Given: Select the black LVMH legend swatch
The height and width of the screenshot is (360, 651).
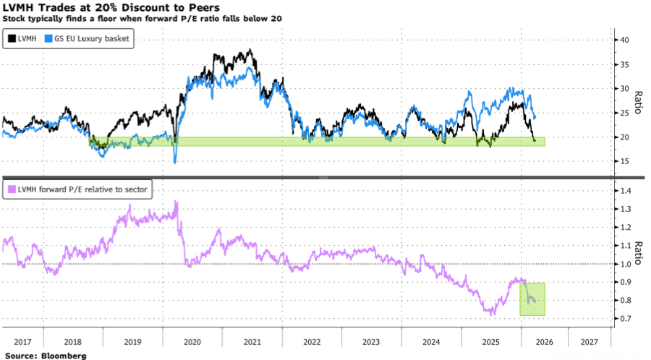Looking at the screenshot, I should click(12, 38).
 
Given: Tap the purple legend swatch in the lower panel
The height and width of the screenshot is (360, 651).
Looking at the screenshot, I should click(12, 189).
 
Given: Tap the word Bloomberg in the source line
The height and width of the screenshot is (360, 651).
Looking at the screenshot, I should click(64, 356).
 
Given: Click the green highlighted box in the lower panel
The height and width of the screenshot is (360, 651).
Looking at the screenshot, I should click(532, 299).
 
